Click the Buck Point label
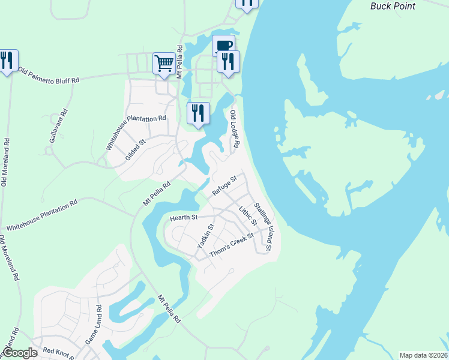pos(390,5)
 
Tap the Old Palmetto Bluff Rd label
pos(49,75)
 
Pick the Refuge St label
pos(225,185)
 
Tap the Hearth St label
pos(183,217)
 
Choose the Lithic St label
pos(247,217)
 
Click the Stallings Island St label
pos(264,226)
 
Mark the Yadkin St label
pos(205,237)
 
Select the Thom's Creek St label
pos(232,244)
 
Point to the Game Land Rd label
pos(93,328)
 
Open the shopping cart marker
pos(164,62)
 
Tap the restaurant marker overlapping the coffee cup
pos(228,61)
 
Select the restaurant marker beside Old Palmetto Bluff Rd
pos(7,60)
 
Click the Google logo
pos(20,353)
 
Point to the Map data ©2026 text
pos(423,355)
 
